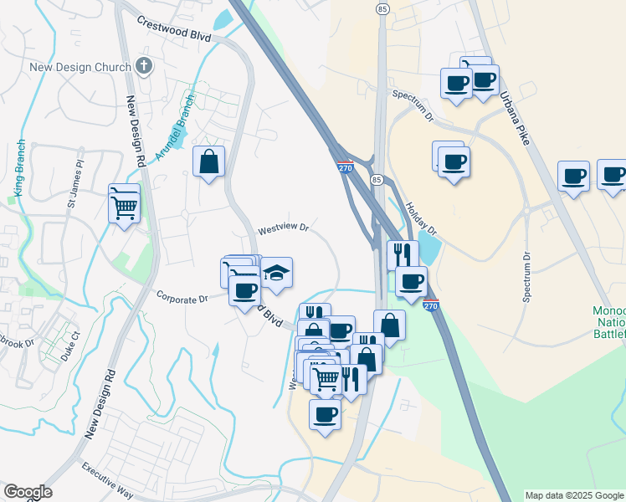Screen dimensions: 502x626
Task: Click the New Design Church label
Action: click(x=80, y=67)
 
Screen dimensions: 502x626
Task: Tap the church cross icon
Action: click(x=144, y=66)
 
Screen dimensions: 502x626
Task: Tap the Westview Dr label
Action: click(x=283, y=228)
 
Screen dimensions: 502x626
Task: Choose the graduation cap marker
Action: click(x=276, y=273)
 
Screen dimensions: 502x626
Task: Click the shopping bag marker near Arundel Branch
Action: click(x=208, y=161)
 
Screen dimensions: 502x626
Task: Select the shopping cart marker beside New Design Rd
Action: click(x=124, y=202)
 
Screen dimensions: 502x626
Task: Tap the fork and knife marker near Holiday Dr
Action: click(x=403, y=254)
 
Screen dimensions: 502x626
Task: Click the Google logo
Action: click(x=28, y=492)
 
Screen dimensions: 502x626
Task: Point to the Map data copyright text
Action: click(x=573, y=495)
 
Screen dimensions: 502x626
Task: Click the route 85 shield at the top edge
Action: click(x=382, y=8)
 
